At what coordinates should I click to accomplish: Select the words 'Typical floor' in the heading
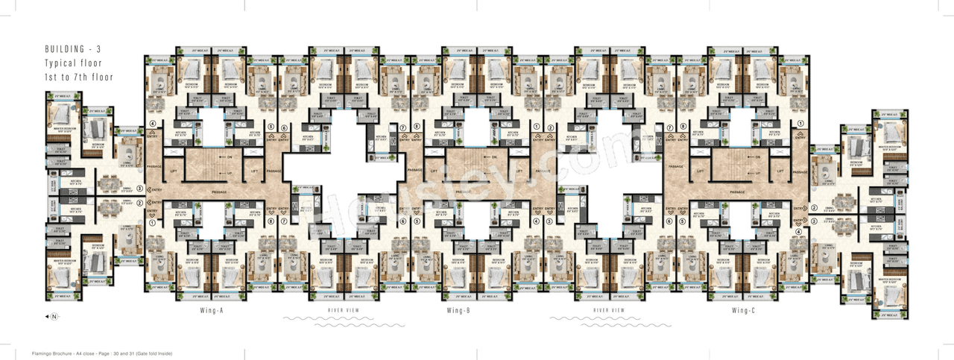(73, 63)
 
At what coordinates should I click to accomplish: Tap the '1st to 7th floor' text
(78, 77)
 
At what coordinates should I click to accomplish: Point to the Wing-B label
(458, 310)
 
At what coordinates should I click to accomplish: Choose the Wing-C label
(744, 310)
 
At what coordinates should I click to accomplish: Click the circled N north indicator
(54, 318)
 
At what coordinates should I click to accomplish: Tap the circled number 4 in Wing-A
(152, 124)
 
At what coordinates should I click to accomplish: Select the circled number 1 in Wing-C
(800, 124)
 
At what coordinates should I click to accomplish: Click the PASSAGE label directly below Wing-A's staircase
(218, 193)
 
